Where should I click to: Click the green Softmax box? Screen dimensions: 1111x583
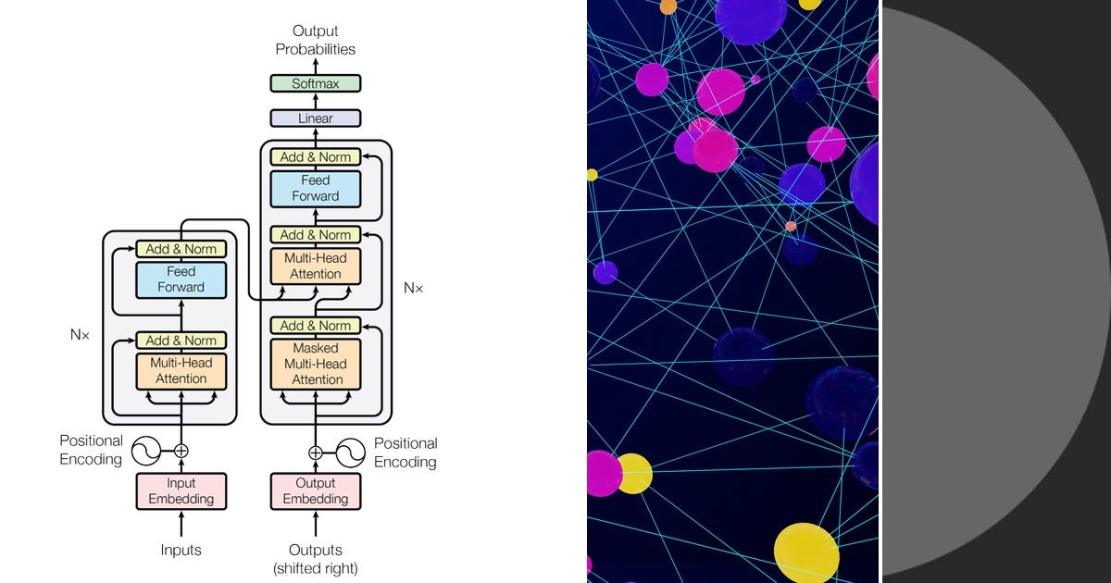(x=316, y=83)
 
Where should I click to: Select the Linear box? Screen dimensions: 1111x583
(x=316, y=118)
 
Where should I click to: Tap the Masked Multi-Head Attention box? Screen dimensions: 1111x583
(x=316, y=364)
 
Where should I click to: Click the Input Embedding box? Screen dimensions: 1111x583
(x=181, y=490)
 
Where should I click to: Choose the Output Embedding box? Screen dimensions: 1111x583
(x=316, y=490)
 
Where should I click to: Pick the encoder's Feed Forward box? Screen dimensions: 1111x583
(x=181, y=279)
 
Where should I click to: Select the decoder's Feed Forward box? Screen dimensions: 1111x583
(x=316, y=189)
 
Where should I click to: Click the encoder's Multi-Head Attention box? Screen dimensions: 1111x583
(x=181, y=371)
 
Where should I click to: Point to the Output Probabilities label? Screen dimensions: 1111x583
(x=316, y=40)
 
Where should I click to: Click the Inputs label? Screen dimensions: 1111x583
(x=181, y=550)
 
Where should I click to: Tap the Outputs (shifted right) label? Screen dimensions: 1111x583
(x=316, y=559)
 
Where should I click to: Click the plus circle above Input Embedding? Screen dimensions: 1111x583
(x=181, y=452)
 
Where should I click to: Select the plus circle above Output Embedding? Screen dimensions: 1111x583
(x=316, y=453)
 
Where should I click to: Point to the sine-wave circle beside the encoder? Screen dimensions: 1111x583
(x=146, y=452)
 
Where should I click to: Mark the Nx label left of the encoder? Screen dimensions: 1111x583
(x=80, y=335)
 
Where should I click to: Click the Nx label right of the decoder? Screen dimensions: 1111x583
(x=413, y=288)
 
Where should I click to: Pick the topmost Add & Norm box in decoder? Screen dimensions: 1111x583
(x=316, y=156)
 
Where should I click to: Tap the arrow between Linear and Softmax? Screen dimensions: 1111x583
(x=316, y=101)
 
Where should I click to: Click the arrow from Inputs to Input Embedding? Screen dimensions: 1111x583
(x=181, y=524)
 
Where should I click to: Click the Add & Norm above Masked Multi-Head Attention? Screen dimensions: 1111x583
(x=316, y=325)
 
